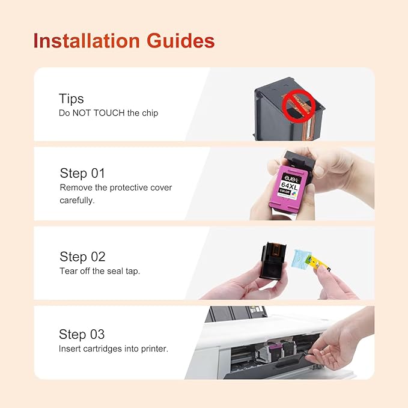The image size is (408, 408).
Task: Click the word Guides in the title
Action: (181, 41)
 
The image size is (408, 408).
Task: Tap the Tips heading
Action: (72, 99)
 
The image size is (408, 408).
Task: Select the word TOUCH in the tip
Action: (109, 113)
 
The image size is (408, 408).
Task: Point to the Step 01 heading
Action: (82, 173)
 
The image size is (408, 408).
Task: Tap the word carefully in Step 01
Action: (77, 200)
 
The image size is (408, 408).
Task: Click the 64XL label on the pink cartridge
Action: (290, 186)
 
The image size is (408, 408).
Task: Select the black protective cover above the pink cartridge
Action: (299, 161)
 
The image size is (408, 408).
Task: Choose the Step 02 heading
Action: (82, 257)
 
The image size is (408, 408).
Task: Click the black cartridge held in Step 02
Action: (273, 261)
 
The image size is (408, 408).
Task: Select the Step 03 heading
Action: (82, 334)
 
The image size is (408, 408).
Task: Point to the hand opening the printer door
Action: (341, 341)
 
